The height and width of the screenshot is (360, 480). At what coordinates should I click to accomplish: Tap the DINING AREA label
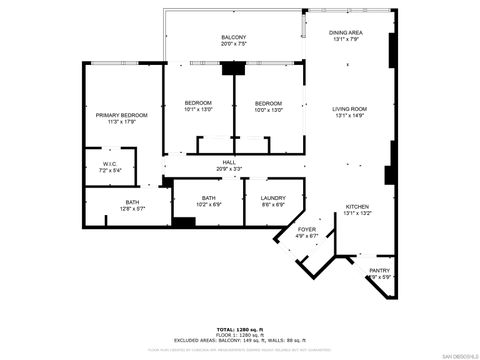coord(346,33)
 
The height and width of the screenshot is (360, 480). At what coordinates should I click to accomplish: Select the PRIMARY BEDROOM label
coord(121,115)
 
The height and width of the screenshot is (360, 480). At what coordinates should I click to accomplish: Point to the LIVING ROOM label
coord(350,108)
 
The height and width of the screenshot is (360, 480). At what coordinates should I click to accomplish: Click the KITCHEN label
coord(357,206)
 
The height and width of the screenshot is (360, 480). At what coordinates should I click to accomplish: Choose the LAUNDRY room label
coord(273,197)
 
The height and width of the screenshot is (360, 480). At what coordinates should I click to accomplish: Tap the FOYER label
coord(307,230)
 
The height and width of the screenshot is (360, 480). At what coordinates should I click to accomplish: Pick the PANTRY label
coord(379,270)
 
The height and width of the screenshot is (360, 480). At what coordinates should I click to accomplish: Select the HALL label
coord(229,162)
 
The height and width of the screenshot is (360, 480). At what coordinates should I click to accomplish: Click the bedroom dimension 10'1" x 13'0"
coord(198,110)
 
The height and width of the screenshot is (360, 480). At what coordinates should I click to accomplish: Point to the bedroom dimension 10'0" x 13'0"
coord(268,110)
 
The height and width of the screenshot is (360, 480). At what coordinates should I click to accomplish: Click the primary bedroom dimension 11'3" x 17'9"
coord(121,122)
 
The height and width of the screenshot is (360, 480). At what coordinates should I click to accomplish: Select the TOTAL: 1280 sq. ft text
coord(239,328)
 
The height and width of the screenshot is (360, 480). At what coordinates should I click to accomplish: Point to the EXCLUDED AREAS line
coord(239,340)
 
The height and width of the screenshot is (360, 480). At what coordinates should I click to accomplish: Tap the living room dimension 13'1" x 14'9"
coord(350,115)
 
